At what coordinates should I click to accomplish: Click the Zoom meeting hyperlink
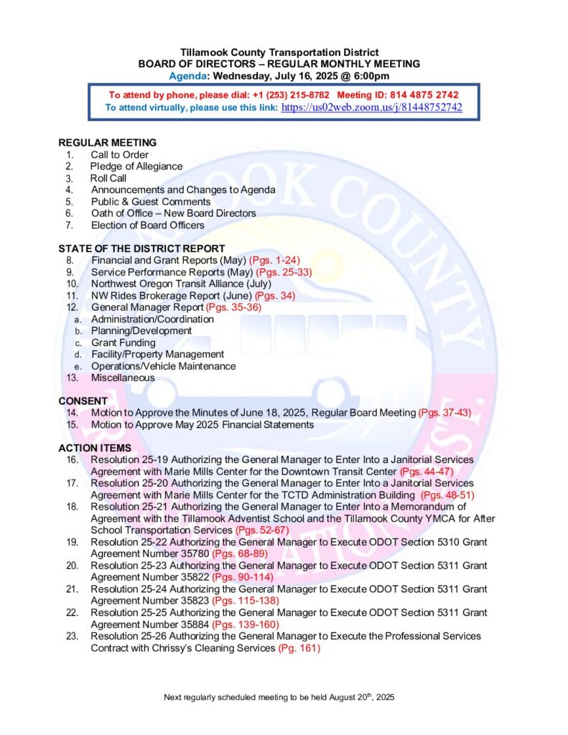click(371, 108)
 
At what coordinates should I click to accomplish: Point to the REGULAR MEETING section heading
click(107, 143)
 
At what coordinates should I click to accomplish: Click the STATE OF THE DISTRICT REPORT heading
click(141, 249)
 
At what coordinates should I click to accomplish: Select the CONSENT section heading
click(83, 401)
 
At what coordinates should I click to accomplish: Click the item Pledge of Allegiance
click(136, 167)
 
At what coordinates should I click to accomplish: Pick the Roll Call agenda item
click(108, 178)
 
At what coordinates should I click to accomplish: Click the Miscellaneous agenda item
click(123, 378)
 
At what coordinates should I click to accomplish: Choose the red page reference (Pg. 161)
click(299, 648)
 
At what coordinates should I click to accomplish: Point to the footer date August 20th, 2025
click(355, 697)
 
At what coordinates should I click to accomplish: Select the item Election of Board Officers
click(147, 225)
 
